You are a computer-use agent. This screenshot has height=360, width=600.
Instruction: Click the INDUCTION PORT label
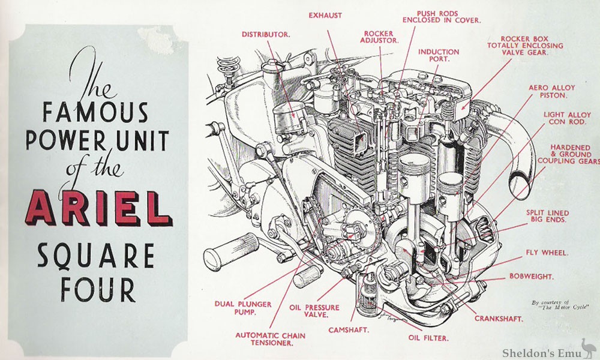pyautogui.click(x=439, y=56)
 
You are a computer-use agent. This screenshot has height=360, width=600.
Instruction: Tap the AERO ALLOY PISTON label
pyautogui.click(x=548, y=91)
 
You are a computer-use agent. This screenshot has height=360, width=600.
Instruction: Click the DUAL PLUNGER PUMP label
pyautogui.click(x=236, y=308)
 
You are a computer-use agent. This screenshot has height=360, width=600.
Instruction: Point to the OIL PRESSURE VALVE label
pyautogui.click(x=314, y=312)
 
